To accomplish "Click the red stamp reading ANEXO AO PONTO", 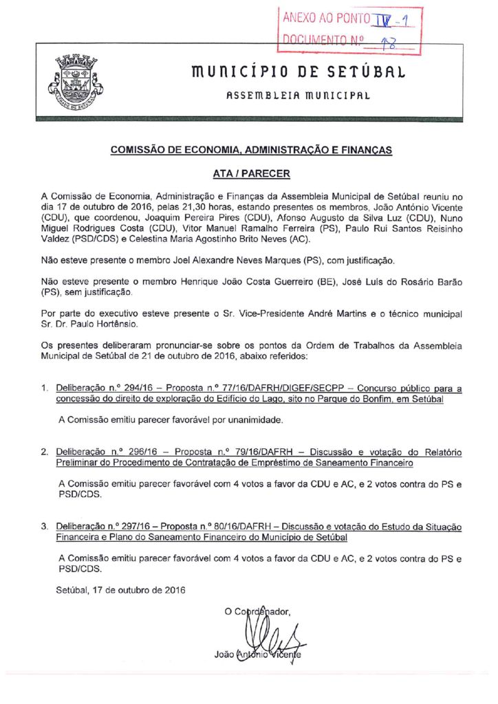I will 349,29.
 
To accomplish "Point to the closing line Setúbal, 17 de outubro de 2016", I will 120,589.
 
